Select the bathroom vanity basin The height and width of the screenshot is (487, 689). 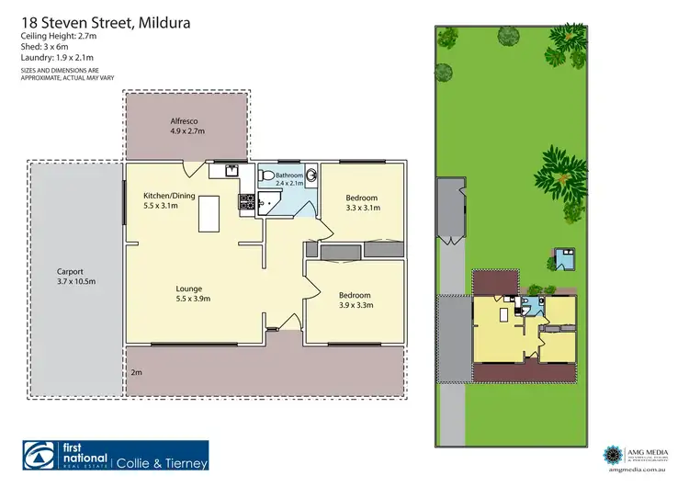click(x=311, y=175)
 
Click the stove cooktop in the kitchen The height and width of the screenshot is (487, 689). click(x=246, y=201)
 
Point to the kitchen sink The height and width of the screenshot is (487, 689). click(x=232, y=169)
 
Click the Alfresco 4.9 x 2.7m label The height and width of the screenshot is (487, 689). click(x=186, y=126)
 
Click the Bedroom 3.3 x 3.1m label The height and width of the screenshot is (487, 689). click(x=361, y=202)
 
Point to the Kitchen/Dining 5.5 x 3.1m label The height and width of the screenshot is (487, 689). click(x=166, y=200)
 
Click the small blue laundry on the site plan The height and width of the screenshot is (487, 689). click(x=560, y=256)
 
